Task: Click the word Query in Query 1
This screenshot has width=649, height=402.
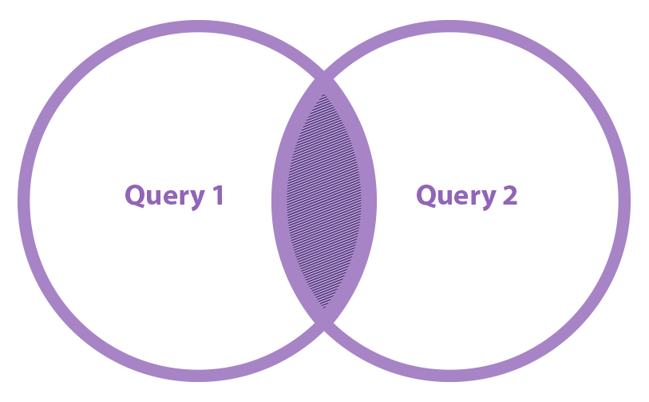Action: pos(163,196)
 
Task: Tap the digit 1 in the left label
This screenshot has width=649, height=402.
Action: pos(216,195)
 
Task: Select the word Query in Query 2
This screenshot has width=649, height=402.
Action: pos(454,196)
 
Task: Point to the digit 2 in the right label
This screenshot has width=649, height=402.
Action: pos(509,195)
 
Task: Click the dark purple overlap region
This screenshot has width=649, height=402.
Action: pos(324,201)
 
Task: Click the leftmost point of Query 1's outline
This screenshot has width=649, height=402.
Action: pos(23,201)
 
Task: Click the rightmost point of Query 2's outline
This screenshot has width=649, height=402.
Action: pos(624,201)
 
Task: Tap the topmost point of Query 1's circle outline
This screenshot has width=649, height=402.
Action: pos(199,26)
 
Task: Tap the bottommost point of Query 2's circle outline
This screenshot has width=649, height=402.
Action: pos(449,376)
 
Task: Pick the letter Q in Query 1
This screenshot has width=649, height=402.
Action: pos(135,195)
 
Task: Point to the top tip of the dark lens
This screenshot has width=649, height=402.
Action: pos(324,95)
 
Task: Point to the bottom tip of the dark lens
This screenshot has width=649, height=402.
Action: pos(324,307)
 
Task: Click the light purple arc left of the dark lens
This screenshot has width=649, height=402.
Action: pos(279,201)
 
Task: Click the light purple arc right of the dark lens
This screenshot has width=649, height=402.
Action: pos(369,201)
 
